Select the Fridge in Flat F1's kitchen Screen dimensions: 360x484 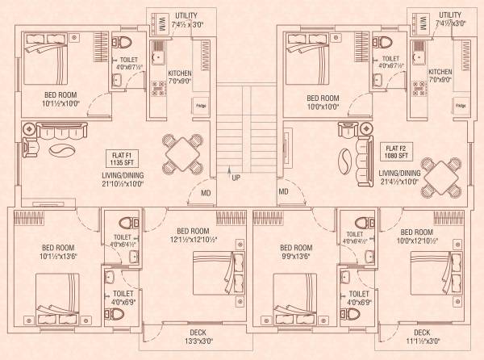(x=199, y=106)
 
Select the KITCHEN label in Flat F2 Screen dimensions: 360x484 (x=440, y=72)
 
